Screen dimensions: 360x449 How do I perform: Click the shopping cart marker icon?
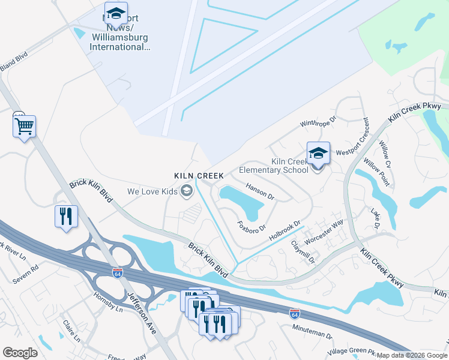click(24, 127)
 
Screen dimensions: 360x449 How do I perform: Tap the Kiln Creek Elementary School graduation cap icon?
click(318, 154)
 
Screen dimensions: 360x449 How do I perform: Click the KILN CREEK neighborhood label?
click(199, 176)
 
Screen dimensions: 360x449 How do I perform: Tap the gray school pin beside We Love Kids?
click(187, 191)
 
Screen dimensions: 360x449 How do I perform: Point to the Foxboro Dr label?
click(252, 229)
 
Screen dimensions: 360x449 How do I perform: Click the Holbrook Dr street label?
click(284, 232)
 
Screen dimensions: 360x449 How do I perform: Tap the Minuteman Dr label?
click(312, 331)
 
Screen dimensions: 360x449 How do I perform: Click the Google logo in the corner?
click(20, 353)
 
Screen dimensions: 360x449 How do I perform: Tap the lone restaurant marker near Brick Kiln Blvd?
click(66, 216)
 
